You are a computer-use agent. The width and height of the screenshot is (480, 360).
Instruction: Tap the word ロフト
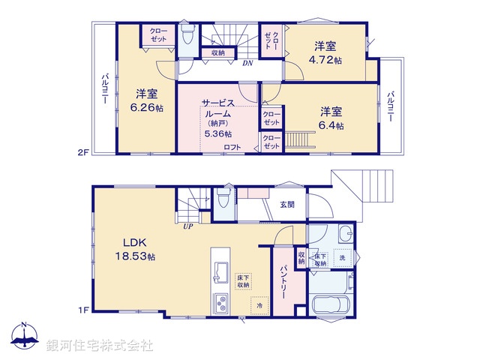(x=232, y=147)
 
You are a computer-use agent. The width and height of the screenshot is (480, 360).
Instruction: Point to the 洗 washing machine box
(x=342, y=259)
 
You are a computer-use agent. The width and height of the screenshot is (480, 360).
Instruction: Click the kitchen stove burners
(x=223, y=304)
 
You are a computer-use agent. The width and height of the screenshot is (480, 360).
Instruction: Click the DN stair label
(x=247, y=64)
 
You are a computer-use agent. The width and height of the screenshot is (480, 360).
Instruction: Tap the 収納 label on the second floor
(x=217, y=52)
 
